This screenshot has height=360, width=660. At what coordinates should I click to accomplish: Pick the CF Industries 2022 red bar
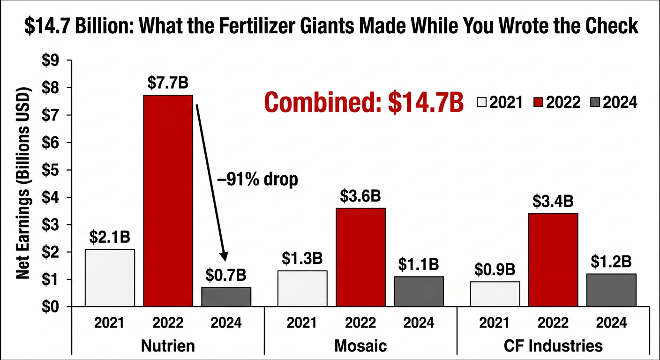point(553,260)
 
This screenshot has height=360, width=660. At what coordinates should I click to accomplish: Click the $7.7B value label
point(168,82)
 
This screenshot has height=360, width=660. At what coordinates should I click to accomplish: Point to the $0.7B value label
point(226,275)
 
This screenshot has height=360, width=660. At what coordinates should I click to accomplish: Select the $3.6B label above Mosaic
point(360,195)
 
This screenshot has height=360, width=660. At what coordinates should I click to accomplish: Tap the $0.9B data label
point(495,269)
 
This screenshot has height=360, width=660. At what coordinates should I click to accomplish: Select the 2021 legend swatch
point(481,102)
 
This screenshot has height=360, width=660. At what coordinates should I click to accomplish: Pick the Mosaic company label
point(360,346)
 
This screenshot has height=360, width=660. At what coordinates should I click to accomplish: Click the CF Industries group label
point(553,346)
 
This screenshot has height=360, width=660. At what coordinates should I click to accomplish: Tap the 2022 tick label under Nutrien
point(168,322)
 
